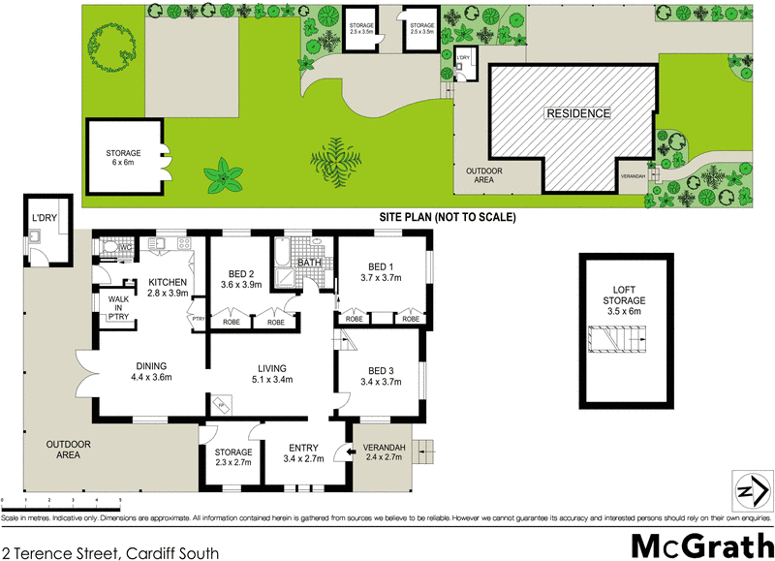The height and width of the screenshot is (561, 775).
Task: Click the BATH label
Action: click(x=310, y=263)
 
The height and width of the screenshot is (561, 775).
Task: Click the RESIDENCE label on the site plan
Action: click(x=578, y=113)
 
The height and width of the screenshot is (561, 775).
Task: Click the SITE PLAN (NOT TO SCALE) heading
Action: click(x=447, y=218)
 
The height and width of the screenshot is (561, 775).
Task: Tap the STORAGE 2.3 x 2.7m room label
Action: click(x=232, y=457)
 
